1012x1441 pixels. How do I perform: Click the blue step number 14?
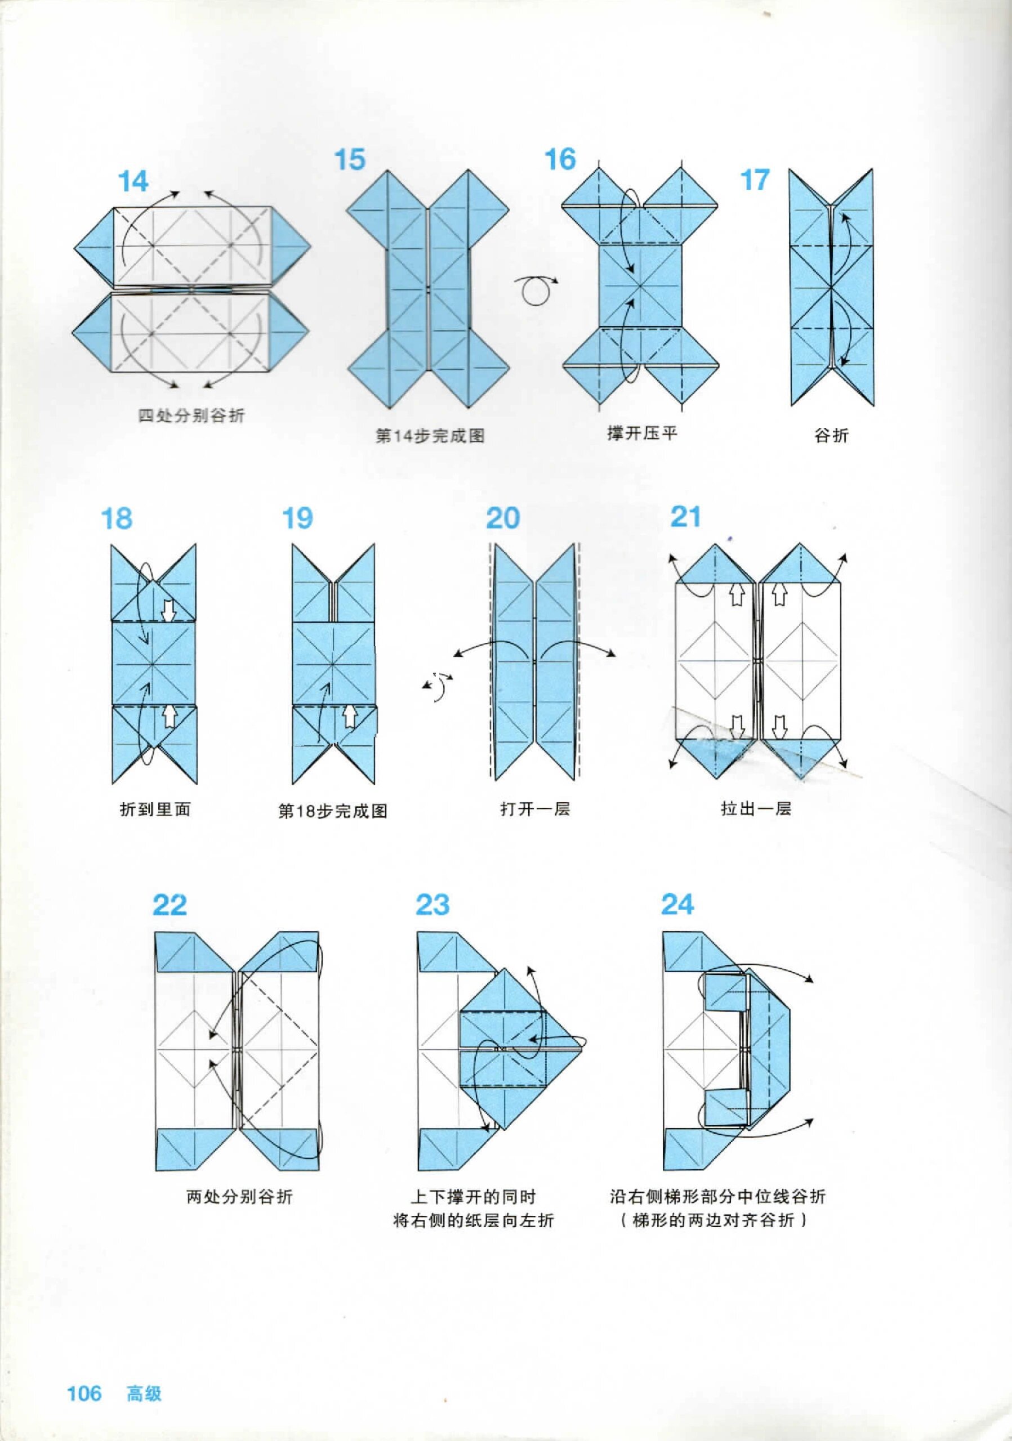(x=133, y=181)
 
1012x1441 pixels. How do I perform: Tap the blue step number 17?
(x=755, y=180)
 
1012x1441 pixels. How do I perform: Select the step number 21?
(x=685, y=517)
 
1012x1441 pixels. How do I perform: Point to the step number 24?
(x=677, y=905)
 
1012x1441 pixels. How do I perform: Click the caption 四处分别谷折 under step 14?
(x=191, y=415)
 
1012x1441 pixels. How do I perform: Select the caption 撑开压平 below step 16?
(x=642, y=433)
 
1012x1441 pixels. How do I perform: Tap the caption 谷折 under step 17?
(x=831, y=435)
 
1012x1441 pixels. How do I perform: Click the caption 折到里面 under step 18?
(x=155, y=809)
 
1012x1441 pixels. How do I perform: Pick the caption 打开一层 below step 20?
(x=535, y=808)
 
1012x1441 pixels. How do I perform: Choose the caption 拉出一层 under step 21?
(x=756, y=808)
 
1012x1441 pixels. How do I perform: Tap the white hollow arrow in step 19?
(x=350, y=715)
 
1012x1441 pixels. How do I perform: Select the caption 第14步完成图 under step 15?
(x=430, y=436)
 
